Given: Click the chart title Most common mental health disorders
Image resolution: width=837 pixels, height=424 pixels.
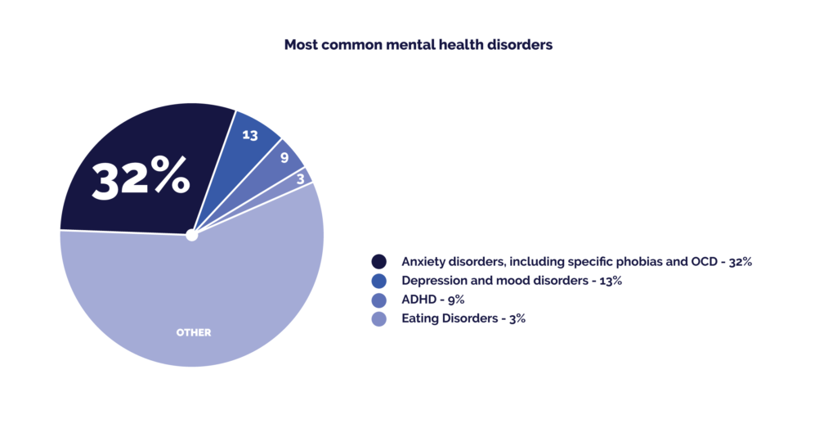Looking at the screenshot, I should pyautogui.click(x=418, y=45).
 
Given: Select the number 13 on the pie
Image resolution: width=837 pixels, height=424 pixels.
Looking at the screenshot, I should pyautogui.click(x=250, y=135).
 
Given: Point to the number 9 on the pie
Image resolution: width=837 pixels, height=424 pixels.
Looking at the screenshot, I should pyautogui.click(x=284, y=157).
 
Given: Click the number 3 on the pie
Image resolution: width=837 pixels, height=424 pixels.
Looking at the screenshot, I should pyautogui.click(x=301, y=177).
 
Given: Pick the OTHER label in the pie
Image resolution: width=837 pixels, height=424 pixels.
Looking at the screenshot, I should pyautogui.click(x=194, y=332).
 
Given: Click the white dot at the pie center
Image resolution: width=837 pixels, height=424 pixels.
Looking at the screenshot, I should pyautogui.click(x=192, y=235).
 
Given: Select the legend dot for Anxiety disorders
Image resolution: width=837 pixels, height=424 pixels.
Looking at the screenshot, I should pyautogui.click(x=379, y=262).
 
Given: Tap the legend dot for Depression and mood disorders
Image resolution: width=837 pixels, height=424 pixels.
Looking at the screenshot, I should pyautogui.click(x=379, y=281).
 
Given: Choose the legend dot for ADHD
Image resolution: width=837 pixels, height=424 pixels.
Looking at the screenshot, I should pyautogui.click(x=379, y=300).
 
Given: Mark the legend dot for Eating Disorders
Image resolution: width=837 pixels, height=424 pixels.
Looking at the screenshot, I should pyautogui.click(x=379, y=318).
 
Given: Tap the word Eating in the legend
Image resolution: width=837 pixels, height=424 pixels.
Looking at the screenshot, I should pyautogui.click(x=418, y=318).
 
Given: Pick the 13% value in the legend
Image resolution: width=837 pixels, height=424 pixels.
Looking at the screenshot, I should pyautogui.click(x=609, y=281).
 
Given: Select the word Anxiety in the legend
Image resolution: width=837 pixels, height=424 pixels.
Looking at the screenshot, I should pyautogui.click(x=423, y=262).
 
